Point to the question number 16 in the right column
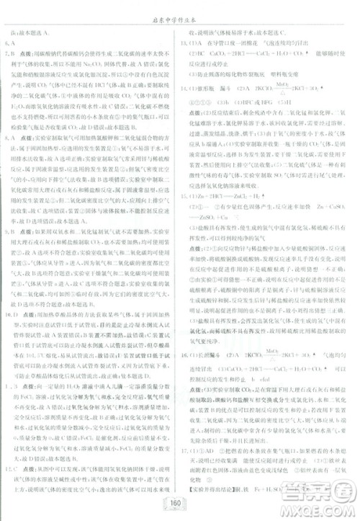click(186, 355)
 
